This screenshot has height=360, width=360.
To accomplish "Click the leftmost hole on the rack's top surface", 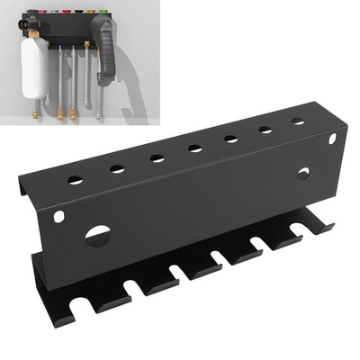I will point(76,180).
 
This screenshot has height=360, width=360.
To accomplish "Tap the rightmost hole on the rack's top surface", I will point(297,121).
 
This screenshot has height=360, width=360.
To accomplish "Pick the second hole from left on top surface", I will point(117,168).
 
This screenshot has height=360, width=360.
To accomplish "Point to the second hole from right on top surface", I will point(265,130).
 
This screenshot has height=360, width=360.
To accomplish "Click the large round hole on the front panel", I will point(97,237).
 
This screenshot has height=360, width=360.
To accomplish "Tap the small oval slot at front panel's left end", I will point(59,217).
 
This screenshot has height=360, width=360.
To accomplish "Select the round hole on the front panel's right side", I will point(302,173).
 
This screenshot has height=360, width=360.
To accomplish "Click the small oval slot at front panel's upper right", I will point(331,138).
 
